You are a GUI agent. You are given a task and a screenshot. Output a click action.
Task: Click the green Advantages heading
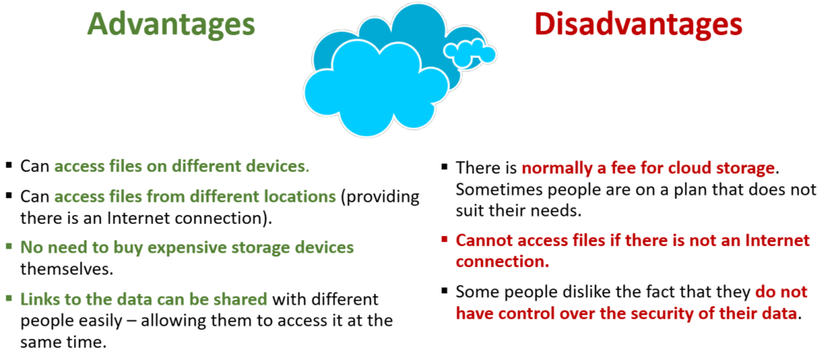[171, 25]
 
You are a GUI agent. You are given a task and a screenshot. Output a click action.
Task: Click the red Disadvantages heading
[639, 24]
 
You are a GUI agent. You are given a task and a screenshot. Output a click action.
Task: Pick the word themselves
[67, 269]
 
